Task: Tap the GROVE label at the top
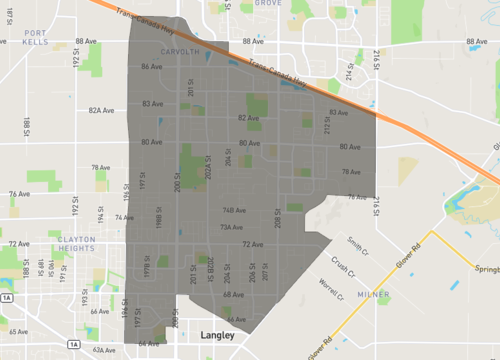pos(267,4)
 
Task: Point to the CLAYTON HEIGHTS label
pos(76,245)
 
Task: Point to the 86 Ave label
pos(151,67)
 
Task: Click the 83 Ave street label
pos(152,104)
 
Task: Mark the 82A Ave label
pos(101,111)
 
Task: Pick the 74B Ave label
pos(234,210)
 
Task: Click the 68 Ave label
pos(233,295)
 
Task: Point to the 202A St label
pos(208,166)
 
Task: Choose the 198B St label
pos(159,219)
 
